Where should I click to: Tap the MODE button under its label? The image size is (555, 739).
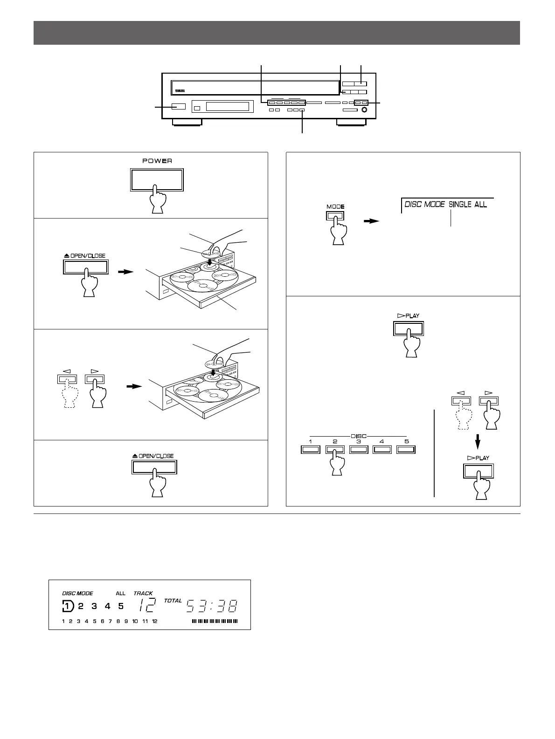pyautogui.click(x=335, y=216)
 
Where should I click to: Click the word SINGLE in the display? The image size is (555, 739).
pyautogui.click(x=460, y=204)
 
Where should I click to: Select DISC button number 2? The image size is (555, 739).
pyautogui.click(x=334, y=450)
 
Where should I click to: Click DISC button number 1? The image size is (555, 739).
pyautogui.click(x=310, y=450)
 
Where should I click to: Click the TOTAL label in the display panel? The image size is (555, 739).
pyautogui.click(x=173, y=601)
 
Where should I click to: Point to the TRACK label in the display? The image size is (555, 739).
pyautogui.click(x=143, y=593)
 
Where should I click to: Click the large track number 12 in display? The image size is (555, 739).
pyautogui.click(x=148, y=606)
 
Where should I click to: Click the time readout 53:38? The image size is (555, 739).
pyautogui.click(x=211, y=606)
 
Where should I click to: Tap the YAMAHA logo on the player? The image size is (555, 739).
pyautogui.click(x=177, y=91)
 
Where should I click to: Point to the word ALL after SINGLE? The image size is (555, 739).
pyautogui.click(x=480, y=204)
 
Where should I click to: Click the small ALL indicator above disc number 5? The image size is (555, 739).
pyautogui.click(x=121, y=593)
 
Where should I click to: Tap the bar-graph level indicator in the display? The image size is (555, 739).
pyautogui.click(x=214, y=621)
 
